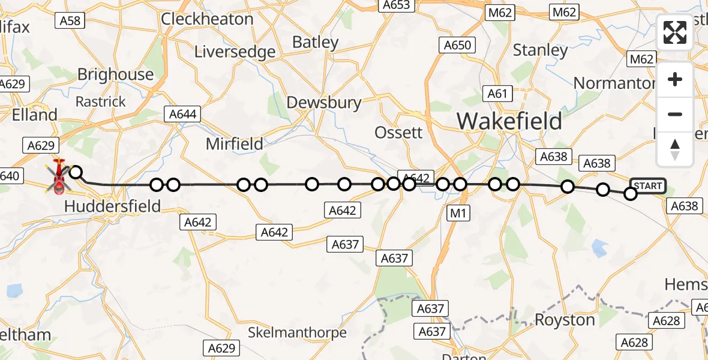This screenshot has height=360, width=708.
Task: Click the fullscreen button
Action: point(675,32)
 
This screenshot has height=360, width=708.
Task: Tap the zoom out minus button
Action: point(675,114)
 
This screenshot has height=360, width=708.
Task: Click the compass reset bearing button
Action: point(675,149)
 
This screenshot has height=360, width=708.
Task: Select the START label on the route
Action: point(647,186)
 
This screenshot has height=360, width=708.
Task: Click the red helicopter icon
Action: point(59,178)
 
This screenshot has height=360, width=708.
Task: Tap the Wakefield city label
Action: point(509,121)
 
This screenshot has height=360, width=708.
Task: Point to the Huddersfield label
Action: point(112,206)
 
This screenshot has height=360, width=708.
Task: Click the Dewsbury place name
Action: point(324,103)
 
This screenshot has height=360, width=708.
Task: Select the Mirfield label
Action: point(235,144)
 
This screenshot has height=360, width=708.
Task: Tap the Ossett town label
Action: point(398,132)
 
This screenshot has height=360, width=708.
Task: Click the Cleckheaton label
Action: point(208,19)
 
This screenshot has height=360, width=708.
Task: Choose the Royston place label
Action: point(564,320)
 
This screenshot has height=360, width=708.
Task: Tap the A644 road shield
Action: point(182,114)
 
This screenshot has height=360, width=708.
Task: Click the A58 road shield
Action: point(70,21)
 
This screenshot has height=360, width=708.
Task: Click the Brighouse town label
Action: point(116,74)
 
